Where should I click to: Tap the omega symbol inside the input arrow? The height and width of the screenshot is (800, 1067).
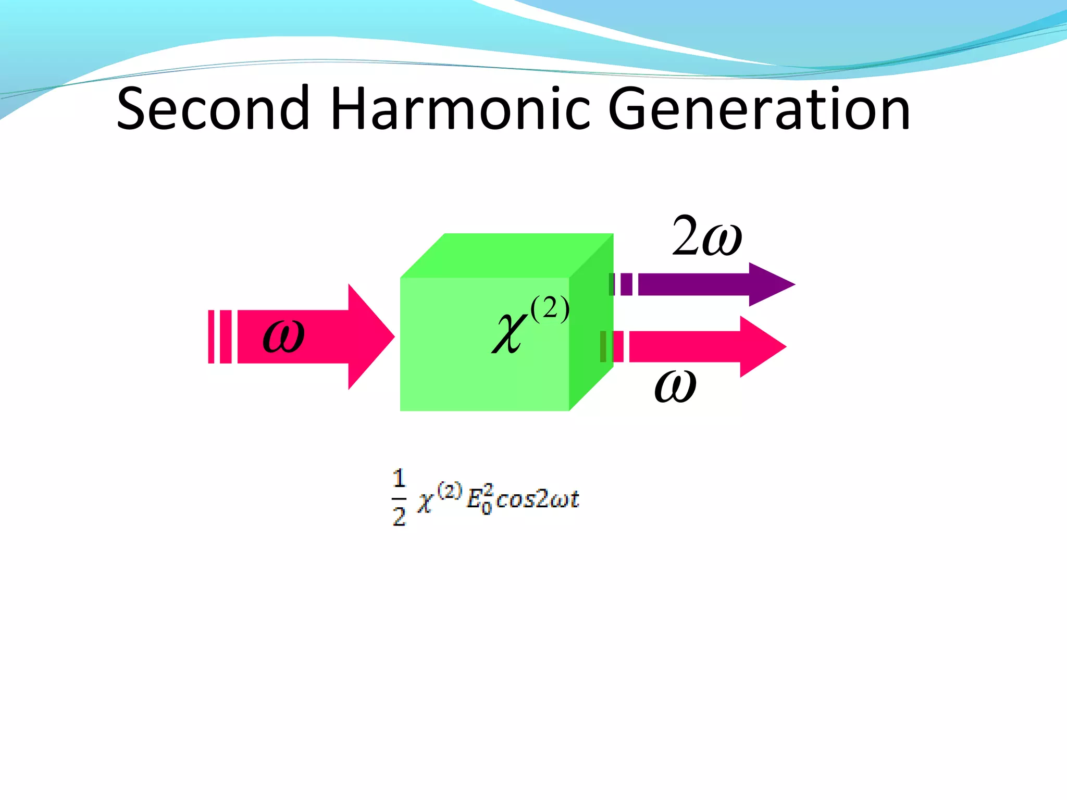pyautogui.click(x=283, y=336)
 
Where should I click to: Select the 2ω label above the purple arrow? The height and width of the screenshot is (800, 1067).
pyautogui.click(x=707, y=237)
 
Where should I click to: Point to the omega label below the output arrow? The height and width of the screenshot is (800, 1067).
pyautogui.click(x=675, y=386)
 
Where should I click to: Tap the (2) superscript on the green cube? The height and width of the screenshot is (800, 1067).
pyautogui.click(x=550, y=309)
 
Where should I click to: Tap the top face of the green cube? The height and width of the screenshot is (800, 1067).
pyautogui.click(x=505, y=255)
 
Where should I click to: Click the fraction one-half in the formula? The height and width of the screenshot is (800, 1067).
pyautogui.click(x=399, y=497)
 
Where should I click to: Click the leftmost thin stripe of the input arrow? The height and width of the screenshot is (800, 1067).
pyautogui.click(x=211, y=336)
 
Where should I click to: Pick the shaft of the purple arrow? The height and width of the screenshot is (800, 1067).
pyautogui.click(x=693, y=284)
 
